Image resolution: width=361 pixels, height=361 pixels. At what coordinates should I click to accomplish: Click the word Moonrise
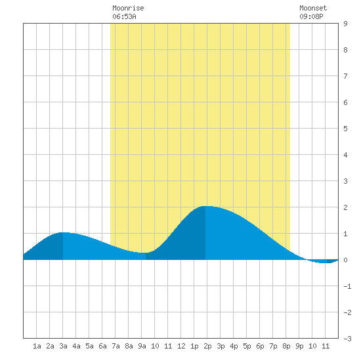pos(128,8)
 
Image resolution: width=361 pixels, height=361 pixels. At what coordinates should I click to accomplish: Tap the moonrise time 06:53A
pos(124,16)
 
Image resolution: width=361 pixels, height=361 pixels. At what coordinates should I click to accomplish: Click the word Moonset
pos(313,8)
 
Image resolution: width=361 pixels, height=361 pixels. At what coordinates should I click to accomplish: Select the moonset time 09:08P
pos(311,16)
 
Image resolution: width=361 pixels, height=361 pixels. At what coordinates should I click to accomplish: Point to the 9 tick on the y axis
pos(345,24)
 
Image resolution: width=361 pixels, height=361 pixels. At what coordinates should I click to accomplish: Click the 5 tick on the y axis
pos(345,129)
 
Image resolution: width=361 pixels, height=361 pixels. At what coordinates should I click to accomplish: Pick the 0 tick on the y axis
pos(345,260)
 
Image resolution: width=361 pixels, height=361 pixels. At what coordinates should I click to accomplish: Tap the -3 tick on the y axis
pos(347,339)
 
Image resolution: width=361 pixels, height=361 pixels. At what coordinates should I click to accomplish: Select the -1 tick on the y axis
pos(347,286)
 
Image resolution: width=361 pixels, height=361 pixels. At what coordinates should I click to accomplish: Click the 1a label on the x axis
pos(37,346)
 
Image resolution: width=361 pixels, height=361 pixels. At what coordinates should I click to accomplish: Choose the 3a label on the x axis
pos(63,346)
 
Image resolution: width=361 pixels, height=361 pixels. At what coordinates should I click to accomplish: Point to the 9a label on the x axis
pos(142,346)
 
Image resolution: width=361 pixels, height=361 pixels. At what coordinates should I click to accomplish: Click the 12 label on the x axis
pos(181,346)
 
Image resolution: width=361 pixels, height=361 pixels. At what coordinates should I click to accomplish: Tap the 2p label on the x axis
pos(207,346)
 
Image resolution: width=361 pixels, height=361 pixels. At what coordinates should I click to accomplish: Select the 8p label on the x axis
pos(286,346)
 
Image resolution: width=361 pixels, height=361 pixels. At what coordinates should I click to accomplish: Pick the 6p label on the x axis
pos(260,346)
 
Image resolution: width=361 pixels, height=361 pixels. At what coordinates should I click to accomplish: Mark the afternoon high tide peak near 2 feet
pos(205,206)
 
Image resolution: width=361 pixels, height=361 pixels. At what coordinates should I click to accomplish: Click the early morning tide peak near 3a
pos(63,232)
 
